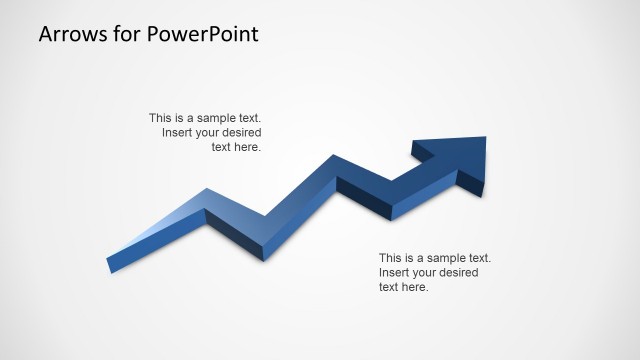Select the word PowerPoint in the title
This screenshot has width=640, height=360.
pyautogui.click(x=203, y=34)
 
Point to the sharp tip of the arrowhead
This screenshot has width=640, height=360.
pyautogui.click(x=485, y=138)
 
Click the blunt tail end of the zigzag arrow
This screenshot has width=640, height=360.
pyautogui.click(x=110, y=265)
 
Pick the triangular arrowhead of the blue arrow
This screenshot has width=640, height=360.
pyautogui.click(x=455, y=155)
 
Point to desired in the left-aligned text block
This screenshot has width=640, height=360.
pyautogui.click(x=455, y=273)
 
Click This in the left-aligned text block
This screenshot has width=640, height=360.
pyautogui.click(x=391, y=258)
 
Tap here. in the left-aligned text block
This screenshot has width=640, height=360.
pyautogui.click(x=415, y=288)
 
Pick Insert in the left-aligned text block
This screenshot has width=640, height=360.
pyautogui.click(x=395, y=273)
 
